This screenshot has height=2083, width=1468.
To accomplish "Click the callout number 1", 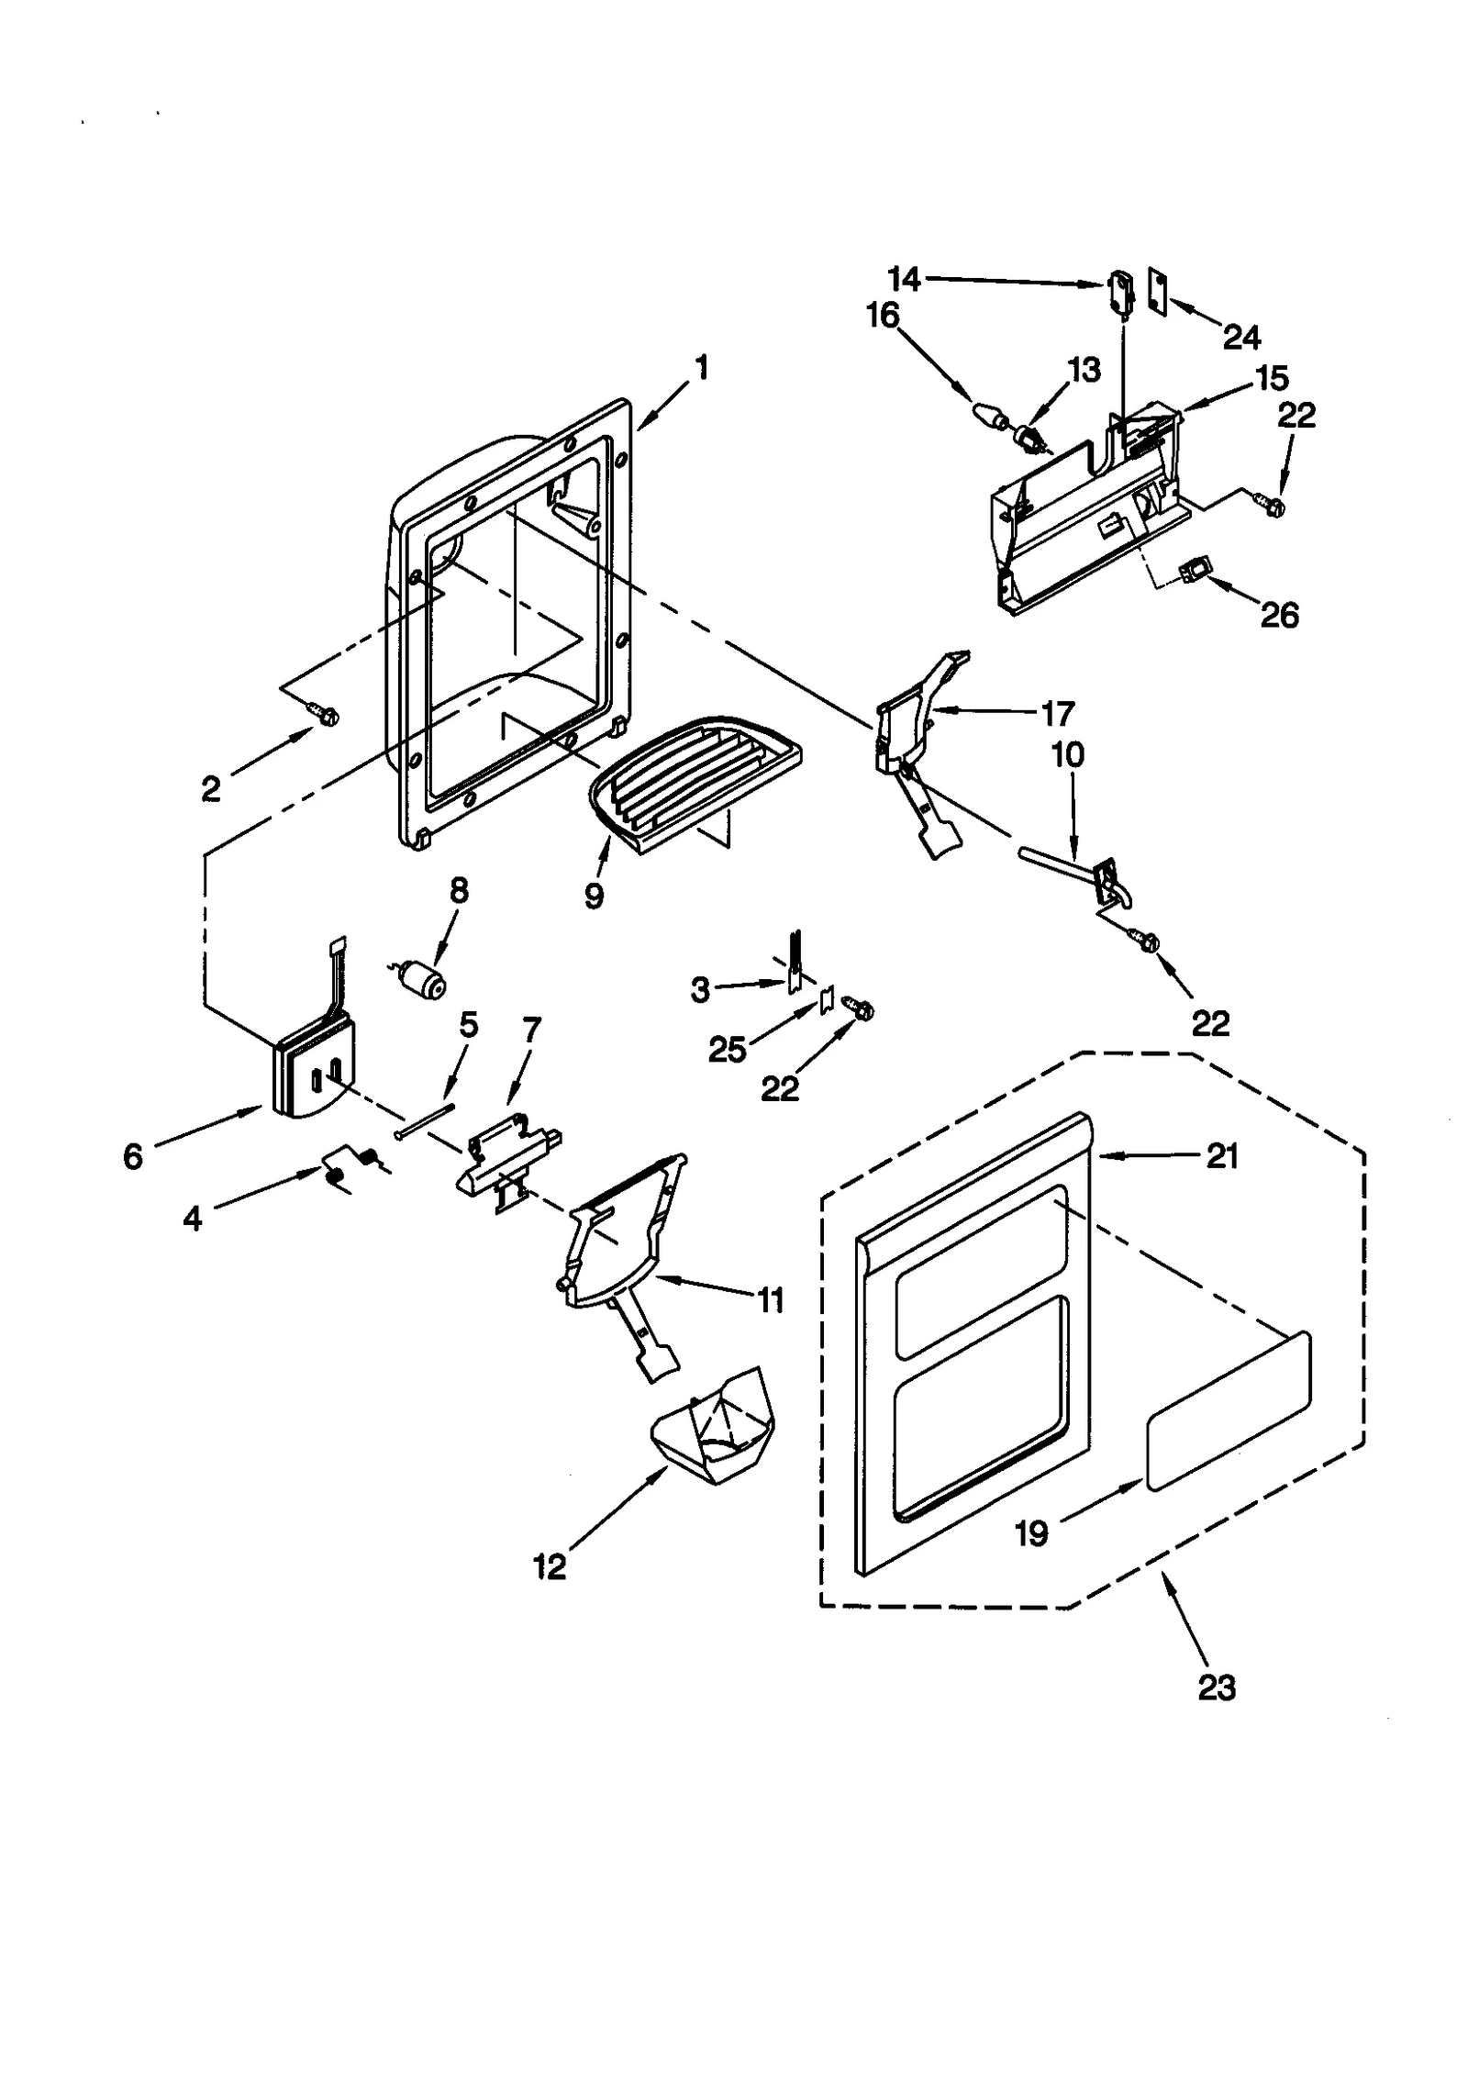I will (702, 369).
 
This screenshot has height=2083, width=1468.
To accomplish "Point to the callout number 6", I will (133, 1157).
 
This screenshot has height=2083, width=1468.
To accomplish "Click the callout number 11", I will (771, 1299).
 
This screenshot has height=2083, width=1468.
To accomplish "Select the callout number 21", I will (1222, 1157).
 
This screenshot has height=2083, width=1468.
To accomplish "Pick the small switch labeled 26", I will (1194, 573).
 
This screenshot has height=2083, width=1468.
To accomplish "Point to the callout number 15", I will (1272, 378).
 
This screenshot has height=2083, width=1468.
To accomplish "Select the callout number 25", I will (728, 1050).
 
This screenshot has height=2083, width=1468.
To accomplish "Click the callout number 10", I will (1067, 755).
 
